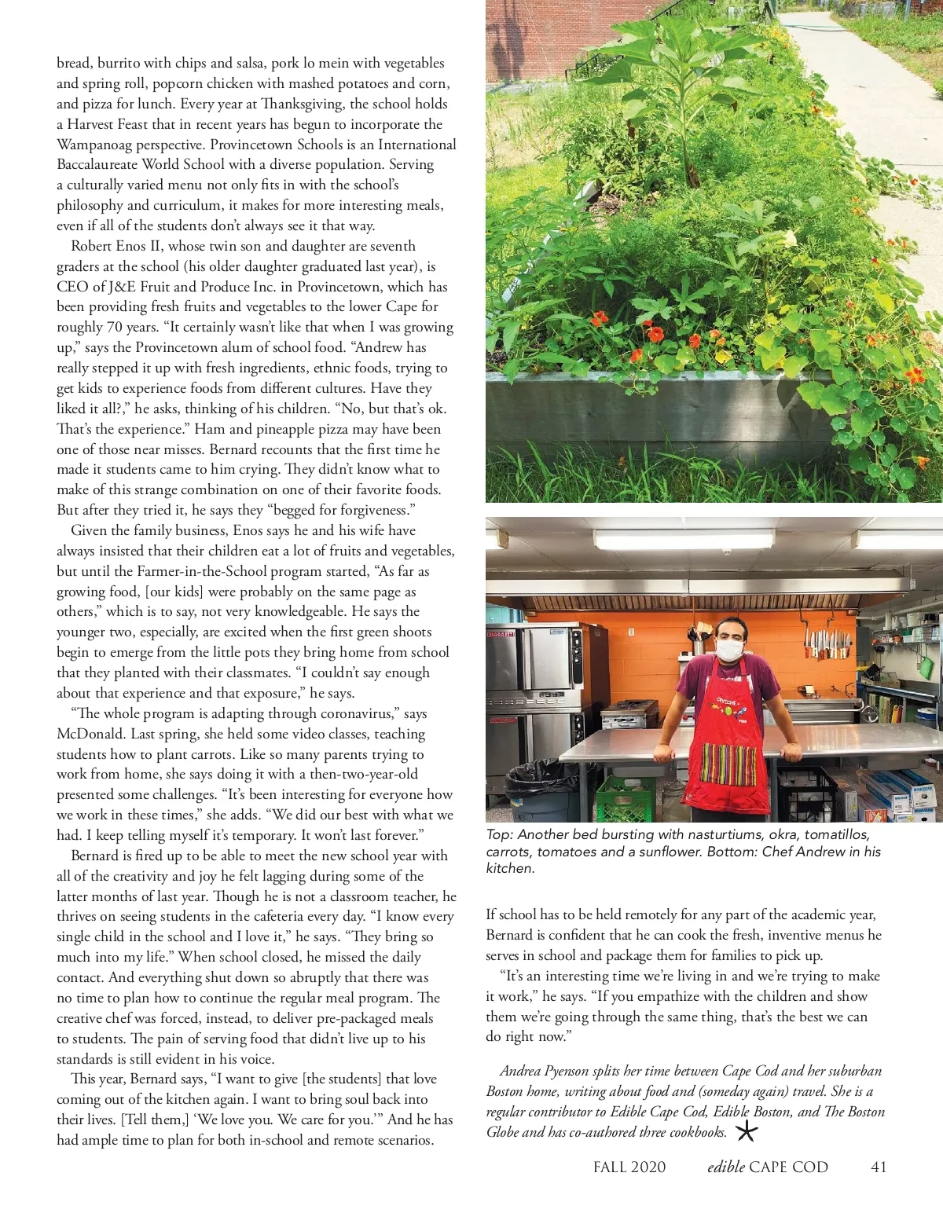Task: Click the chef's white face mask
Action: [x=730, y=650]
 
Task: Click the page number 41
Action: [x=879, y=1167]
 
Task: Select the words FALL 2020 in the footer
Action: [x=629, y=1167]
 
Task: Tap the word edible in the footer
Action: [x=725, y=1167]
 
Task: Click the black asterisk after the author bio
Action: [x=747, y=1132]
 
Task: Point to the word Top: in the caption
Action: [x=499, y=835]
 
